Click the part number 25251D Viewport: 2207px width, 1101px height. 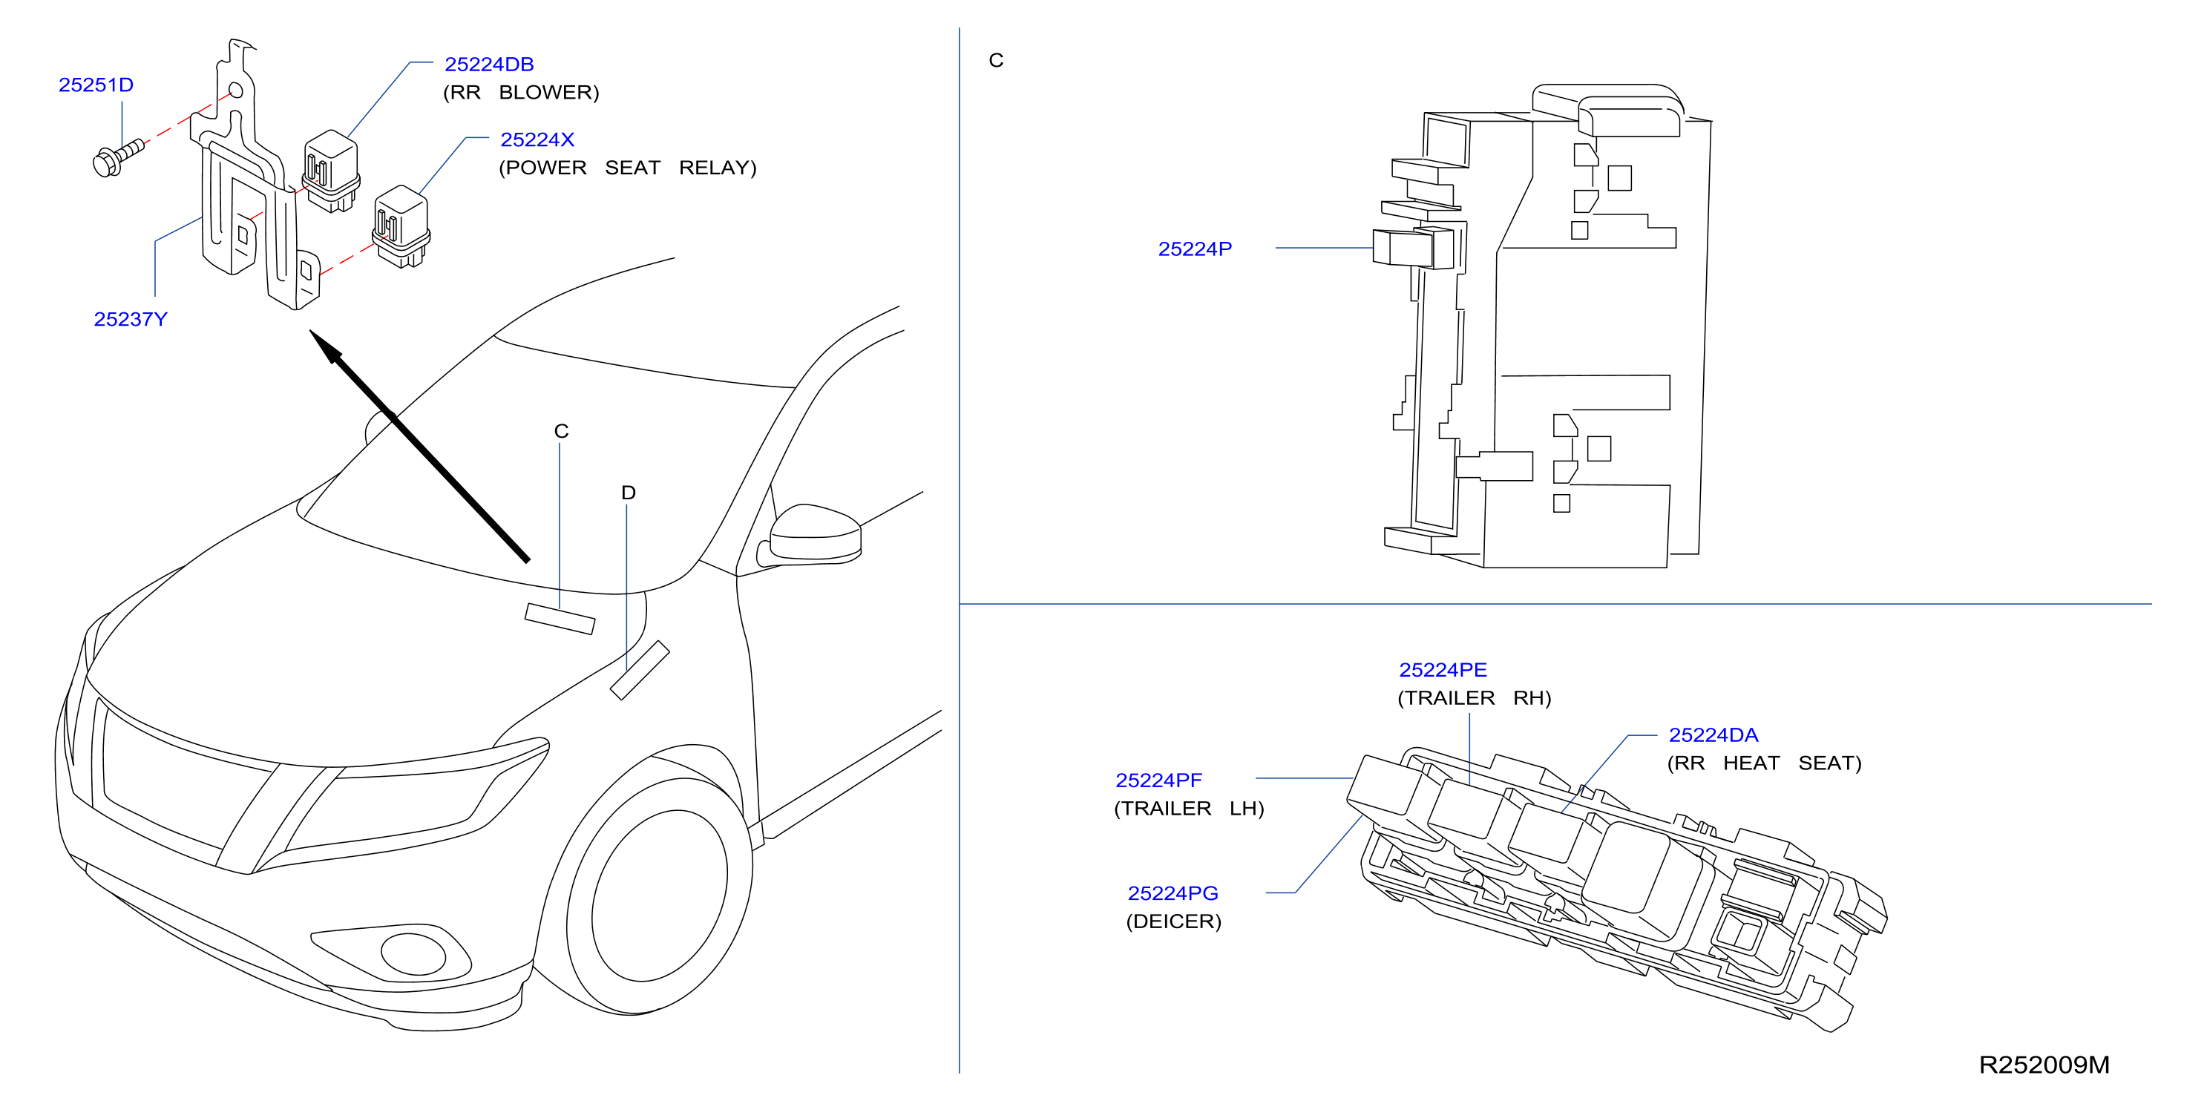coord(96,85)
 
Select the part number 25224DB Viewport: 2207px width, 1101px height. coord(489,65)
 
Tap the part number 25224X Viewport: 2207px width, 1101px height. coord(537,139)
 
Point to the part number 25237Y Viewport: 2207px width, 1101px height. coord(130,320)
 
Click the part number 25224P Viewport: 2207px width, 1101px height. coord(1196,249)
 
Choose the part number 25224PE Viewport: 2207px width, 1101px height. coord(1443,670)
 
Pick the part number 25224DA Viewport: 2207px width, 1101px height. coord(1714,735)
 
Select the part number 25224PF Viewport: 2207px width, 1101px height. coord(1158,780)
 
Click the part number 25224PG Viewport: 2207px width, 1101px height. coord(1173,894)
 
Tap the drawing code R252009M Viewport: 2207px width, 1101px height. coord(2044,1065)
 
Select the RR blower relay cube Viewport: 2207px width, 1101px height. coord(331,171)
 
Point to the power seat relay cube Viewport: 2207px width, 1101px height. coord(401,226)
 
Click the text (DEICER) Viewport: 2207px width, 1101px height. coord(1174,922)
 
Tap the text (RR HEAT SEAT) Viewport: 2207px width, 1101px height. coord(1764,763)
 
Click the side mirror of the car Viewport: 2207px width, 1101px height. coord(815,535)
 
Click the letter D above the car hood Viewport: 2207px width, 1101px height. coord(628,493)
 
